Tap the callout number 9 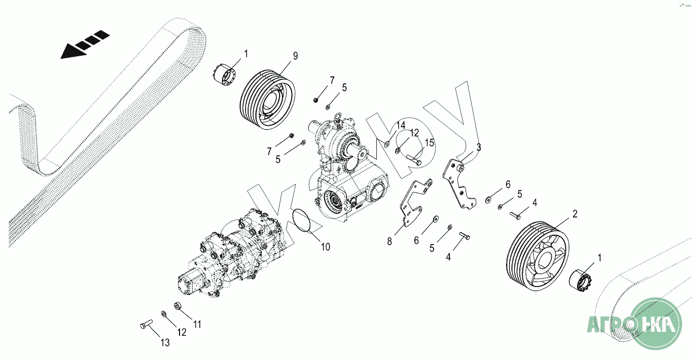click(295, 56)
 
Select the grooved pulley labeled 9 click(267, 100)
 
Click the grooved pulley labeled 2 click(538, 255)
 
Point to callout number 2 click(575, 214)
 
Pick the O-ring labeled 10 click(301, 220)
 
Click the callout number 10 click(326, 247)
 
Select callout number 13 click(165, 342)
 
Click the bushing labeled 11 click(178, 306)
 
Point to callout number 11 click(197, 324)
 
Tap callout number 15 click(429, 143)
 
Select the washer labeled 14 click(387, 144)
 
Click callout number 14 click(401, 125)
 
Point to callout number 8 click(389, 242)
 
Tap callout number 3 click(478, 147)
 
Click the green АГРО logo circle click(656, 324)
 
